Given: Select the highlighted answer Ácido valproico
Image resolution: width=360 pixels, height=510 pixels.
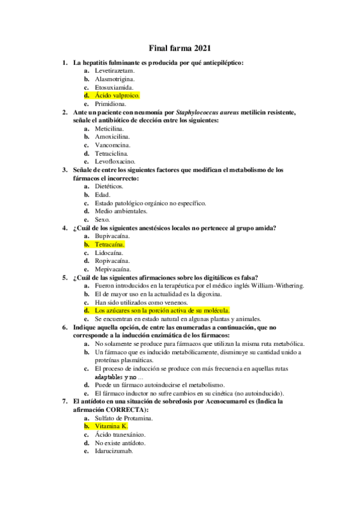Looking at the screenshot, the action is [117, 96].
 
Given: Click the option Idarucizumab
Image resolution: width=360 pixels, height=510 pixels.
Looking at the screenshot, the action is [114, 450].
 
